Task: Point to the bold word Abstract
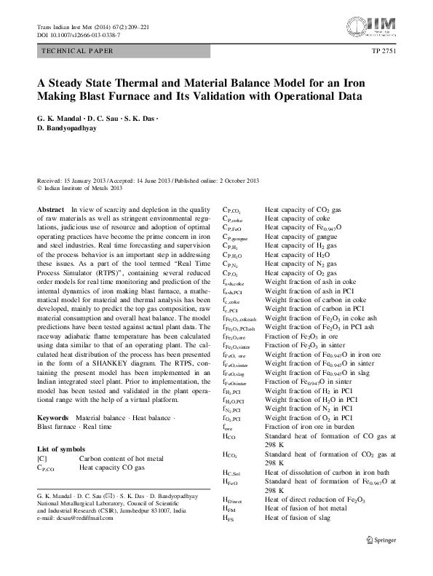tap(49, 209)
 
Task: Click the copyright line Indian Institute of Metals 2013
tap(83, 187)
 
